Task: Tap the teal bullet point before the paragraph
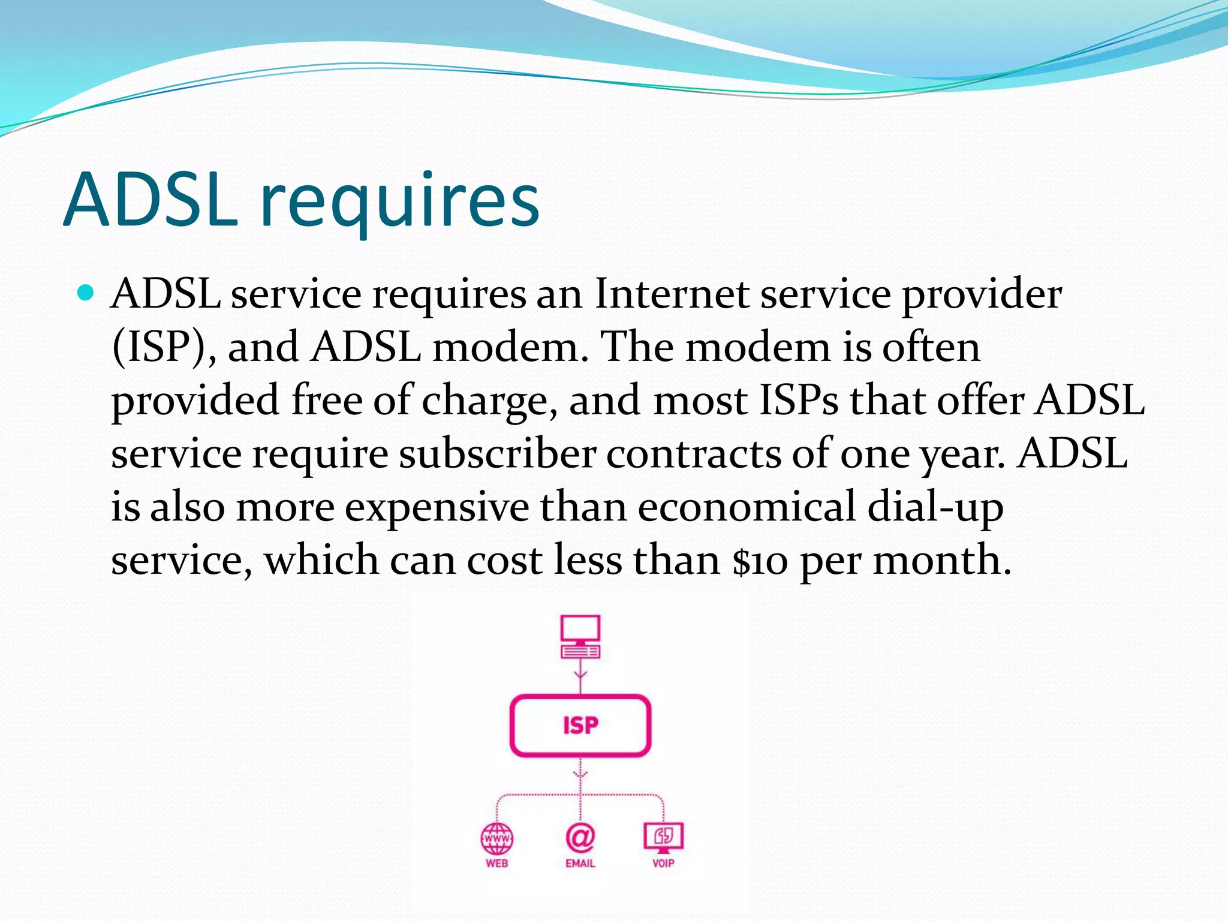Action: point(86,293)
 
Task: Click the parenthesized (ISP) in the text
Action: point(159,348)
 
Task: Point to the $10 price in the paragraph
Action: point(760,561)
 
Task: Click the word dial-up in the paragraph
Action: point(935,507)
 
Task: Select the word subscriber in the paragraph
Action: point(497,454)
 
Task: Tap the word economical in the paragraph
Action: point(746,507)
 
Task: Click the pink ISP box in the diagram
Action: point(580,726)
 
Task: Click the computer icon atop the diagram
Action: point(580,636)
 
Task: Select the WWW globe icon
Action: point(497,838)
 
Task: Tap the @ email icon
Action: point(580,837)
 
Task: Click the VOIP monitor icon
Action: point(663,836)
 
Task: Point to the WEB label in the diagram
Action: point(497,863)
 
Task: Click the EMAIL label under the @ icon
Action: point(580,863)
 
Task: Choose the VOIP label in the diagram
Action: point(663,863)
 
